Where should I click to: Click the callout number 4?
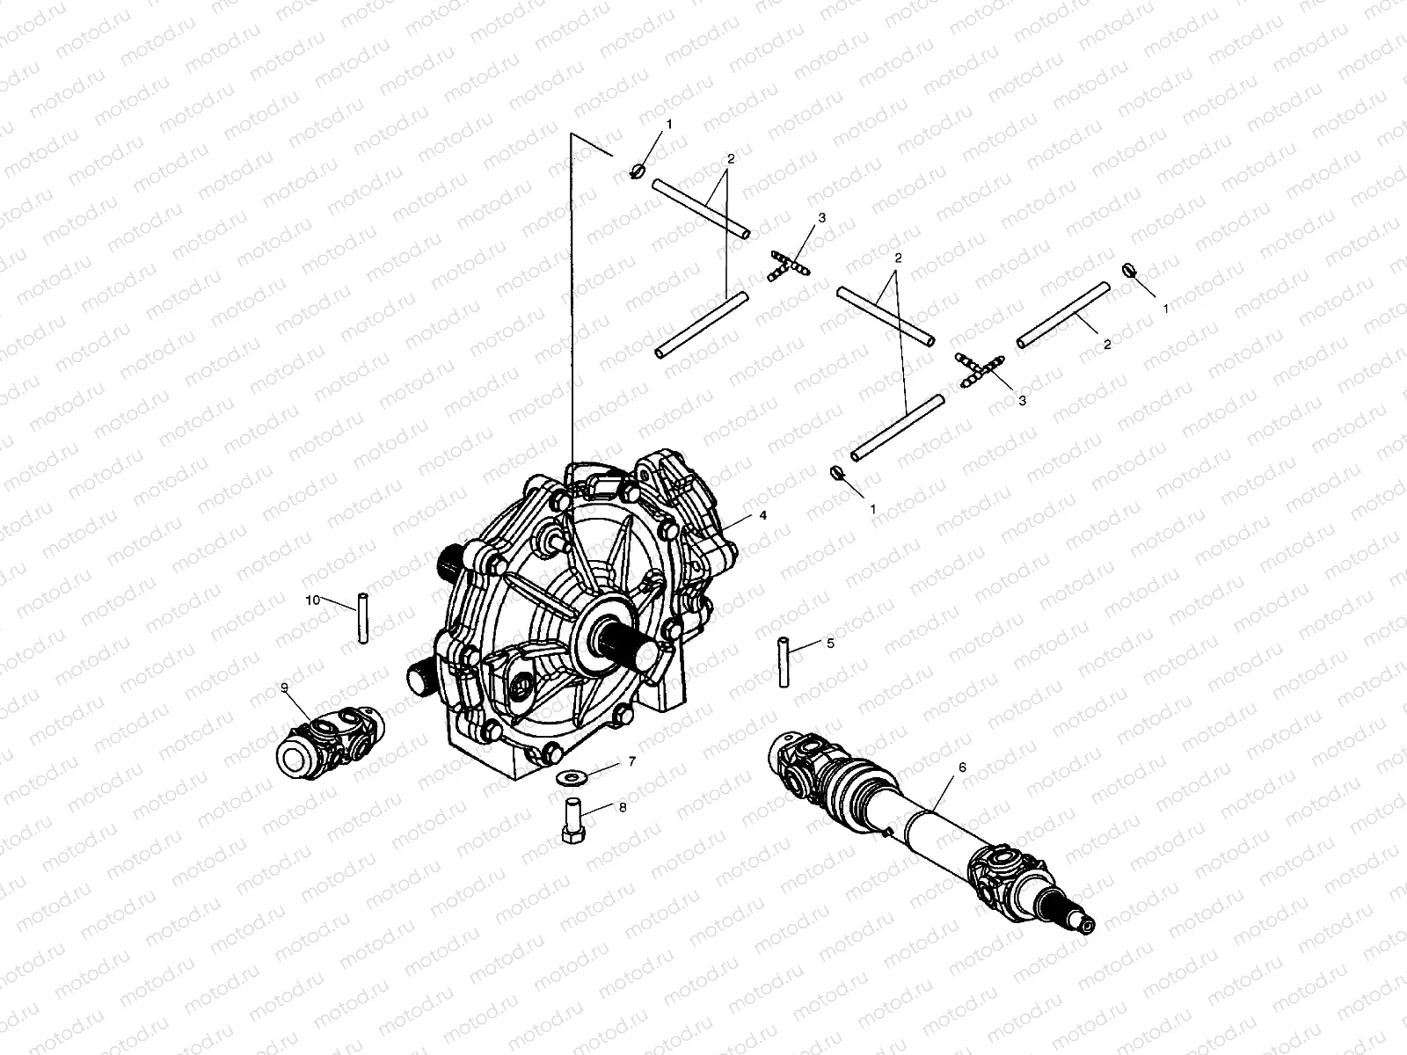point(762,516)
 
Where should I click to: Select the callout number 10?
point(313,600)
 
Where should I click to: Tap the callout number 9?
point(285,688)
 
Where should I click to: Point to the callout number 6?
point(962,767)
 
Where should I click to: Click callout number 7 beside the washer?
point(631,761)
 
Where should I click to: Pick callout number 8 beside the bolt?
point(623,807)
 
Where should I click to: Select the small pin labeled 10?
point(361,620)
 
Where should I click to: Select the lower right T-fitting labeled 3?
point(979,369)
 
